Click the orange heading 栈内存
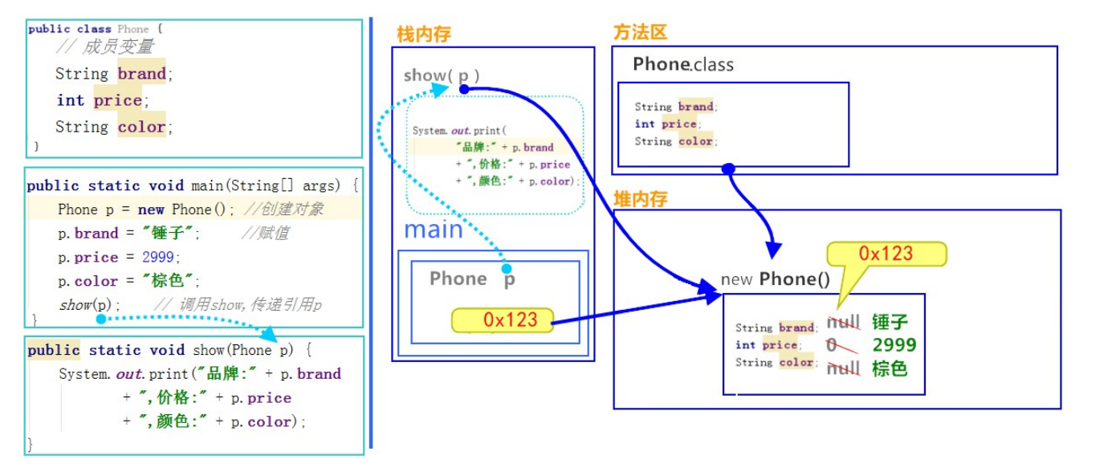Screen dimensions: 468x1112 (x=424, y=34)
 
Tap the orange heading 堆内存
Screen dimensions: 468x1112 (x=640, y=198)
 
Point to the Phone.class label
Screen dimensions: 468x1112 (x=682, y=64)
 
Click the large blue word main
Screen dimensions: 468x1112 (x=434, y=230)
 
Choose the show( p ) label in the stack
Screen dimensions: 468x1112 (x=442, y=75)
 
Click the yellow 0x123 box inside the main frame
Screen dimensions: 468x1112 (x=504, y=319)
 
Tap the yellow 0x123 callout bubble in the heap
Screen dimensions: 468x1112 (x=886, y=254)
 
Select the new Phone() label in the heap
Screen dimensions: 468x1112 (x=775, y=279)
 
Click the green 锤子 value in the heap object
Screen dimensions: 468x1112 (x=890, y=323)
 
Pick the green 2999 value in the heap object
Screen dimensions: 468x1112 (x=894, y=345)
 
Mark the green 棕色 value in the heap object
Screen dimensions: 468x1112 (x=890, y=368)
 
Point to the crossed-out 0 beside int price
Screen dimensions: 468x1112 (x=832, y=345)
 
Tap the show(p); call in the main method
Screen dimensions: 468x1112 (x=90, y=305)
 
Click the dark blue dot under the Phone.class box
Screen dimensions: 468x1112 (x=728, y=169)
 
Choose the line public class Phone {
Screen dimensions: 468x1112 (x=96, y=29)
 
